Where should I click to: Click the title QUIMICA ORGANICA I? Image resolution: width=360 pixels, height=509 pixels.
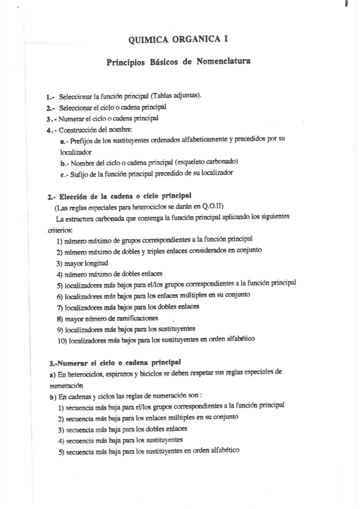click(178, 40)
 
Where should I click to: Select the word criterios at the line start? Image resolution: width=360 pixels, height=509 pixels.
click(58, 229)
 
